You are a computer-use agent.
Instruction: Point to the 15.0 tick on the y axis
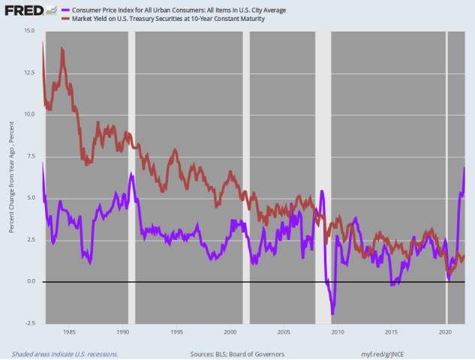point(29,31)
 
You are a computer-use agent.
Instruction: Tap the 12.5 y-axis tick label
point(29,73)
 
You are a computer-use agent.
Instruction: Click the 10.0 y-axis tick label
point(29,114)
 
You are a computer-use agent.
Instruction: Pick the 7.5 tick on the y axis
point(30,156)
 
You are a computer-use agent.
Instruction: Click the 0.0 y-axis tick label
point(30,281)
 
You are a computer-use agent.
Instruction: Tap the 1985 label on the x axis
point(69,331)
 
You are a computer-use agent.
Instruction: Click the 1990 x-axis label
point(123,331)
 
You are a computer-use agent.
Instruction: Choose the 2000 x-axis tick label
point(230,331)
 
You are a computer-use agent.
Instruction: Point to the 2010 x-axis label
point(338,331)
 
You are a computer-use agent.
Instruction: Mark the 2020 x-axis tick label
point(445,331)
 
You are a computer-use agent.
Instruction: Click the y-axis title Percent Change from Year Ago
point(13,176)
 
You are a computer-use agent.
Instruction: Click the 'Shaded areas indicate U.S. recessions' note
point(65,353)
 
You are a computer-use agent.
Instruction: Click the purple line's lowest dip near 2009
point(332,313)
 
